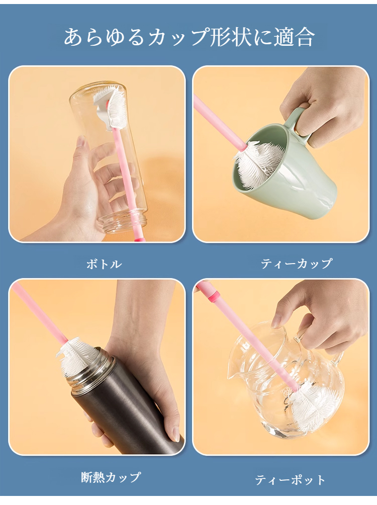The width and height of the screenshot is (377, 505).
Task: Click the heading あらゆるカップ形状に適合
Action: [189, 37]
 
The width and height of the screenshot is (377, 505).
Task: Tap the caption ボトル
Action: [104, 264]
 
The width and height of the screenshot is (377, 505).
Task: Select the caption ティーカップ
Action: [297, 264]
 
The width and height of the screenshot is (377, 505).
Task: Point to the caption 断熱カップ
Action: [111, 477]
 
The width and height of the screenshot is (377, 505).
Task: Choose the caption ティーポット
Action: [290, 480]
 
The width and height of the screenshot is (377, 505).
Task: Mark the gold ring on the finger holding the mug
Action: [300, 130]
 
